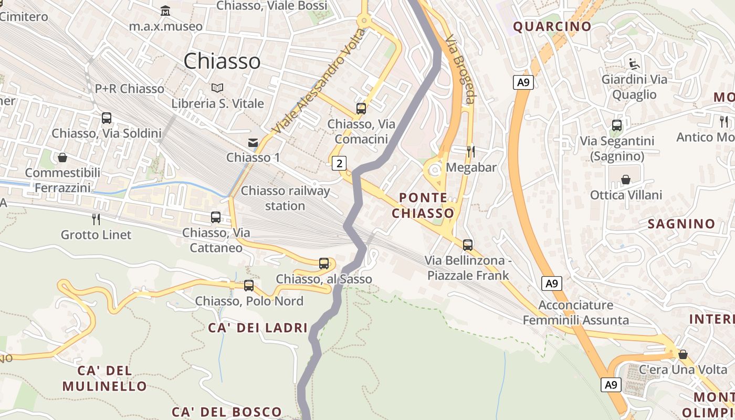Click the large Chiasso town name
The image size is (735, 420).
click(222, 61)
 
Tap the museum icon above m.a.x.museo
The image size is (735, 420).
click(166, 10)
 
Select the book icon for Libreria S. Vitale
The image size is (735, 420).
click(217, 88)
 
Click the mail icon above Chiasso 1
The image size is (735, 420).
click(253, 142)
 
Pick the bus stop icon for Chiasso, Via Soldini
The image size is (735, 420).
click(107, 118)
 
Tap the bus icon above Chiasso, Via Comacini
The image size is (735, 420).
click(361, 109)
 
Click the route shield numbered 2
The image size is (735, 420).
click(340, 163)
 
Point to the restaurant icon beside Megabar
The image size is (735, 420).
click(471, 152)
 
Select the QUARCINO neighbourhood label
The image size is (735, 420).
click(552, 26)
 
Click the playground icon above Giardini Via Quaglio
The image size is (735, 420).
click(634, 64)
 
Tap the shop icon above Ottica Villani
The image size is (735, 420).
click(626, 180)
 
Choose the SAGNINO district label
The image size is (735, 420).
click(681, 224)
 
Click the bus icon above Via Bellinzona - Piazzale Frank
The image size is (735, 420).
click(468, 245)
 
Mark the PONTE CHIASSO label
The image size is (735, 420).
click(423, 205)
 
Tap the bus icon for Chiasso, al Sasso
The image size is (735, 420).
click(324, 264)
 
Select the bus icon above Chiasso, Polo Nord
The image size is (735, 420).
click(249, 286)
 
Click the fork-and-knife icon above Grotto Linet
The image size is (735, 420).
click(96, 219)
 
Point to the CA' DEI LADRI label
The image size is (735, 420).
click(258, 328)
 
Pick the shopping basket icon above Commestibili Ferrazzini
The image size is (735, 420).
click(62, 157)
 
